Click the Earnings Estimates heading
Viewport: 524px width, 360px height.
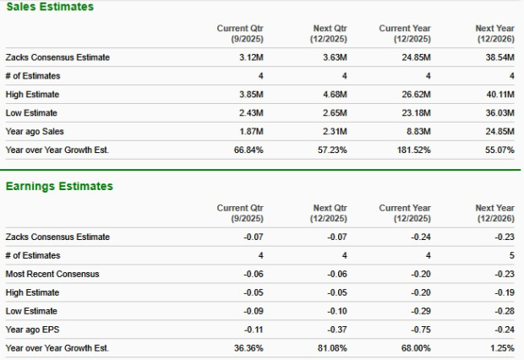58,186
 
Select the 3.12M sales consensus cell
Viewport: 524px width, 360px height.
252,57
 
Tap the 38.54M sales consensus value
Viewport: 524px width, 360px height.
499,57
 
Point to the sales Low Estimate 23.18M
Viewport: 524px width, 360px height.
417,113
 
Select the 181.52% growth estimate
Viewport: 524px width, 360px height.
414,150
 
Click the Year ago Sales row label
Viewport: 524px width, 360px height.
35,132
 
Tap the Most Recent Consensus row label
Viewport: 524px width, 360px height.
52,274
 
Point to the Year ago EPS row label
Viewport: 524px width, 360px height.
33,330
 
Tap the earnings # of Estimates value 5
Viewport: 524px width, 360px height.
512,255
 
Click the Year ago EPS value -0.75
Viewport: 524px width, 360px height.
420,330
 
